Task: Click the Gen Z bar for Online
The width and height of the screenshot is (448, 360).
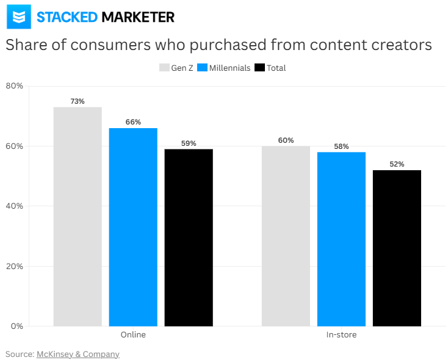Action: coord(78,217)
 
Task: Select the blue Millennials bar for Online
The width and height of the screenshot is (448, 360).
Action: coord(133,227)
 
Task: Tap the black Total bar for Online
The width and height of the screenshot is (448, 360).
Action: coord(189,237)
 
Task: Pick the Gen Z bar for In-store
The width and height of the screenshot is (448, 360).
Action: coord(286,236)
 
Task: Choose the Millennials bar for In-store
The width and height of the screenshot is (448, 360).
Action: coord(341,239)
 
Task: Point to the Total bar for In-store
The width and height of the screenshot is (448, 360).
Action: coord(397,248)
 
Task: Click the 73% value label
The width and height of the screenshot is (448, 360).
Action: coord(78,101)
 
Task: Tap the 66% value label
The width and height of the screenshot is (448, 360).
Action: coord(133,122)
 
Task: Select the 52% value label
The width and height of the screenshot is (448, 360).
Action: coord(397,164)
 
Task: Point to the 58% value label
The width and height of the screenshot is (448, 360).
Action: coord(341,146)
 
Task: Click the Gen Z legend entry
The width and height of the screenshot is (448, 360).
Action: coord(176,68)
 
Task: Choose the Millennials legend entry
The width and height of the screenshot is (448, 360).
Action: coord(224,68)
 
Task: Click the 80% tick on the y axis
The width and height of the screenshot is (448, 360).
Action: coord(15,86)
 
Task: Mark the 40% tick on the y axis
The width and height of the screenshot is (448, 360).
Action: coord(15,206)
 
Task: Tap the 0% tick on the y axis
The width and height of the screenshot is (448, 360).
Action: coord(16,326)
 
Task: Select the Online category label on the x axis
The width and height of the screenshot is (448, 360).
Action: coord(133,335)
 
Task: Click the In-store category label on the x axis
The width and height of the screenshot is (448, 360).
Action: coord(341,335)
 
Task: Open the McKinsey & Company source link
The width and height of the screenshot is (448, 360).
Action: coord(78,354)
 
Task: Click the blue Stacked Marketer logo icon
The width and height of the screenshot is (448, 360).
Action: coord(19,16)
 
